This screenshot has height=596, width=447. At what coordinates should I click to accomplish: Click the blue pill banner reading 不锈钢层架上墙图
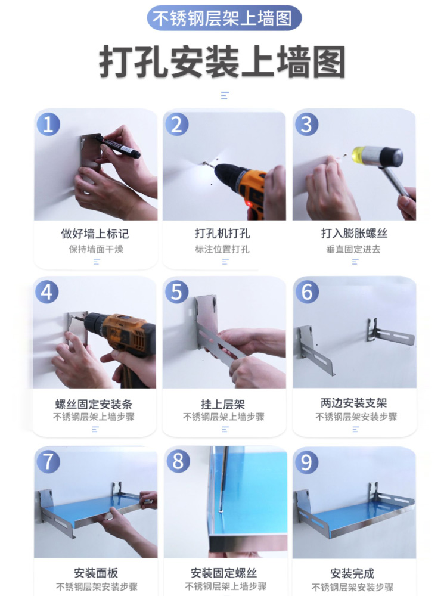click(x=224, y=18)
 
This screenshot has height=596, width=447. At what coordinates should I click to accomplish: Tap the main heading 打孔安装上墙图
click(x=223, y=61)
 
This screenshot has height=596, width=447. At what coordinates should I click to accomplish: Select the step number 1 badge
click(x=48, y=124)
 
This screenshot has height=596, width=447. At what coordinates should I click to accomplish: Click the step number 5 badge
click(x=177, y=292)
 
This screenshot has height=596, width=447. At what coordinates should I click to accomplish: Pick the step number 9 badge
click(x=306, y=462)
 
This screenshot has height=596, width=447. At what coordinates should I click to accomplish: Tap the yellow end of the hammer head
click(x=359, y=155)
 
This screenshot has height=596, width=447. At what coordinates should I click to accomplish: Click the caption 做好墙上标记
click(x=95, y=234)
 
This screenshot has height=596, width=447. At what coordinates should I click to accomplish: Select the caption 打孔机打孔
click(x=222, y=234)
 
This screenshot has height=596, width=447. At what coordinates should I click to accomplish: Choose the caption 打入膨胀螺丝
click(x=354, y=234)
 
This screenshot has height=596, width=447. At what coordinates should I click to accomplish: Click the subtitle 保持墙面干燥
click(x=96, y=249)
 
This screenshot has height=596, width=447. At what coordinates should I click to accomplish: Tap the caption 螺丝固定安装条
click(x=94, y=403)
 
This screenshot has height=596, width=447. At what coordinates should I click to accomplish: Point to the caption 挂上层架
click(x=223, y=403)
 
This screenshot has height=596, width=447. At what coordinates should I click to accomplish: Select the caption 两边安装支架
click(x=354, y=402)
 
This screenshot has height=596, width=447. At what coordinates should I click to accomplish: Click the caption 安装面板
click(x=96, y=573)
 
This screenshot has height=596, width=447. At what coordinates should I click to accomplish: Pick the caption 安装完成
click(x=352, y=573)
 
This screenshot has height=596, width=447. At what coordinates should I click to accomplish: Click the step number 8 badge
click(x=178, y=461)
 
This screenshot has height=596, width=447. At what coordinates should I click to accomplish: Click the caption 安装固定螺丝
click(x=224, y=573)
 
